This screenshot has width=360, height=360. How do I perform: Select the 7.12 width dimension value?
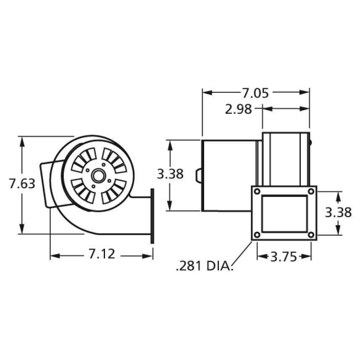click(101, 254)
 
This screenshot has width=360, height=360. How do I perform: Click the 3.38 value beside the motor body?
click(170, 174)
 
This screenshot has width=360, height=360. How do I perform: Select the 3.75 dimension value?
click(284, 256)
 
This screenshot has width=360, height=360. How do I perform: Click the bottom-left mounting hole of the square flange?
click(258, 235)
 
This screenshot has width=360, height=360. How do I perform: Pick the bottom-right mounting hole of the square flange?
click(311, 235)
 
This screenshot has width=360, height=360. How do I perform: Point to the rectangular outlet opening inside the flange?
click(284, 213)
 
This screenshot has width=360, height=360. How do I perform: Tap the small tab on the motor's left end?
click(199, 175)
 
